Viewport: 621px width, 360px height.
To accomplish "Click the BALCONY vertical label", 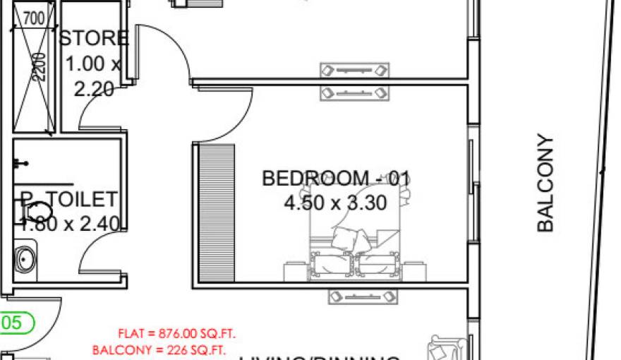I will coord(545,184).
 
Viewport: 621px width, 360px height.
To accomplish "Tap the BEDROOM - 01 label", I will coord(335,179).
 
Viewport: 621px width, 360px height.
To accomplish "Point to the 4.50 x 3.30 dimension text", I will coord(335,203).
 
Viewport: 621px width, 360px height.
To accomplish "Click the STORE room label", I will coord(93,38).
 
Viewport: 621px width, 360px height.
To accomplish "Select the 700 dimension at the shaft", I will coord(34,18).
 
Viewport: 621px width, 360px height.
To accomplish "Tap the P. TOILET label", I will coord(68,198).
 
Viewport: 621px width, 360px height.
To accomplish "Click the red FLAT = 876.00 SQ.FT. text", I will coord(177,334).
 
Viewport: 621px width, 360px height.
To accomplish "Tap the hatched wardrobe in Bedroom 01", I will coord(216,212).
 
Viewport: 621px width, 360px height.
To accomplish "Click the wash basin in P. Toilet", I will coord(26,258).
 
